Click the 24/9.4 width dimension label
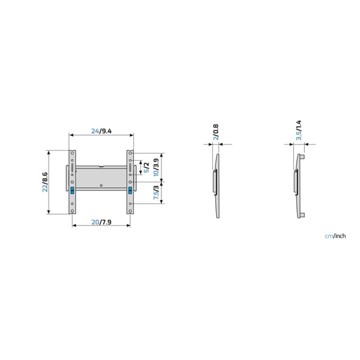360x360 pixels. [x=101, y=131]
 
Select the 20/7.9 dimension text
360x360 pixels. [x=101, y=222]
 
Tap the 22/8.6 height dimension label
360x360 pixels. [x=45, y=182]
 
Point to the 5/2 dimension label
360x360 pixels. [x=146, y=167]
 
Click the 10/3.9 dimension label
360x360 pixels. [x=156, y=167]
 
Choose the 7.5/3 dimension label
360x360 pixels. [x=156, y=193]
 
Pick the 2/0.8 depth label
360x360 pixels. [x=216, y=132]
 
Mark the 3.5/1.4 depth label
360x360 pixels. [x=299, y=130]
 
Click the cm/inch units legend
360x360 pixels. [x=335, y=236]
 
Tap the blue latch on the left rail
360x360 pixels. [x=73, y=190]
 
